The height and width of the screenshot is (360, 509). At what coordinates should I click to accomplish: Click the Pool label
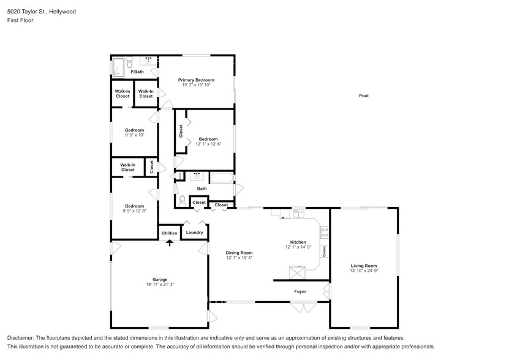click(364, 96)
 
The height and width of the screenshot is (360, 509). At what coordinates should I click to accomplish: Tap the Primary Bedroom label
click(196, 80)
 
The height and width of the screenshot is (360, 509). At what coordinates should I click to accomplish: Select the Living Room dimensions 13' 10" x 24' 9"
click(363, 271)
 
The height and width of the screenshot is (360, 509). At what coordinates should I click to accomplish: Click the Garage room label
click(160, 279)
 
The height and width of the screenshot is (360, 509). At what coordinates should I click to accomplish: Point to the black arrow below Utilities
click(170, 243)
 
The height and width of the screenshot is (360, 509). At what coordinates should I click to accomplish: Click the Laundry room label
click(194, 233)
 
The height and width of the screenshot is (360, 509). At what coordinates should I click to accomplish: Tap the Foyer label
click(300, 291)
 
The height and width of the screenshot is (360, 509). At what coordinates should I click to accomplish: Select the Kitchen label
click(298, 242)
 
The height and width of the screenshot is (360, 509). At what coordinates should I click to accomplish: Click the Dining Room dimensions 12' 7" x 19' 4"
click(239, 258)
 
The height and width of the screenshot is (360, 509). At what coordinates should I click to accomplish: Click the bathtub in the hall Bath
click(222, 179)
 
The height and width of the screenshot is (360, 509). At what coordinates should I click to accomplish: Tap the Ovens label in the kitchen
click(325, 250)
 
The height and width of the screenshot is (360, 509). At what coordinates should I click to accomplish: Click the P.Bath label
click(137, 72)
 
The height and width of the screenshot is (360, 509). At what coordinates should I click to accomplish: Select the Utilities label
click(169, 233)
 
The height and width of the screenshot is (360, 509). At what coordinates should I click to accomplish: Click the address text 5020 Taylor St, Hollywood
click(37, 11)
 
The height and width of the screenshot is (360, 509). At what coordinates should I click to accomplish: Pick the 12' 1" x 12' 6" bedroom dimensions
click(208, 144)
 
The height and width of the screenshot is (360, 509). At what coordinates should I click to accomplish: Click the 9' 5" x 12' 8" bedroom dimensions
click(134, 211)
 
